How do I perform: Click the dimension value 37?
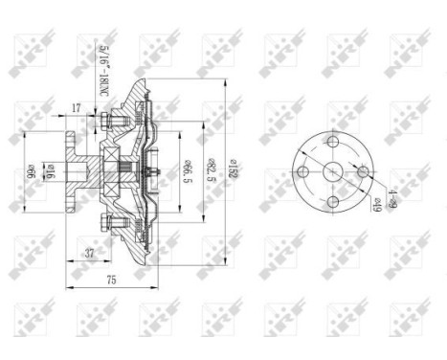click(89, 254)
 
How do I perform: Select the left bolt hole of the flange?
click(302, 171)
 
